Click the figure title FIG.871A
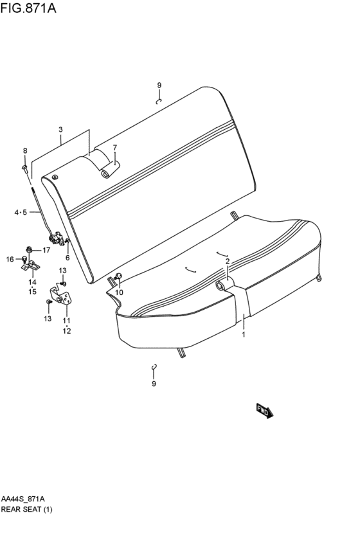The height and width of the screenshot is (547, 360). tap(28, 8)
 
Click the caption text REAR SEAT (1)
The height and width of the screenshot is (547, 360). tap(26, 510)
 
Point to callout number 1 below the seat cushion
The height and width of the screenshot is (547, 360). tap(244, 335)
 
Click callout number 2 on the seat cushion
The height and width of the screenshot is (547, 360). tap(227, 261)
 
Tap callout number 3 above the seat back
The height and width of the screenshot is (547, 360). tap(60, 130)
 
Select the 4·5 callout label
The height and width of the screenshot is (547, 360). tap(21, 213)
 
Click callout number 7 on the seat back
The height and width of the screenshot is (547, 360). tap(114, 148)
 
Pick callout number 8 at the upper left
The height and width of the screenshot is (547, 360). tap(25, 151)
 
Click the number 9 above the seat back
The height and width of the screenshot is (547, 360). tap(159, 85)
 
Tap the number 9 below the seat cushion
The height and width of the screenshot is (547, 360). tap(154, 384)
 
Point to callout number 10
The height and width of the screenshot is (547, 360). tap(119, 292)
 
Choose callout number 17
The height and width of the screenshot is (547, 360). tap(46, 250)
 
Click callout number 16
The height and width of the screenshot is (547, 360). tap(10, 259)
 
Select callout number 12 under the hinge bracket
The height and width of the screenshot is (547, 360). tap(67, 331)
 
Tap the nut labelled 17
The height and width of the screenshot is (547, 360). tap(30, 249)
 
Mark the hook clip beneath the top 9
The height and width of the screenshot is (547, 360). tap(158, 100)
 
